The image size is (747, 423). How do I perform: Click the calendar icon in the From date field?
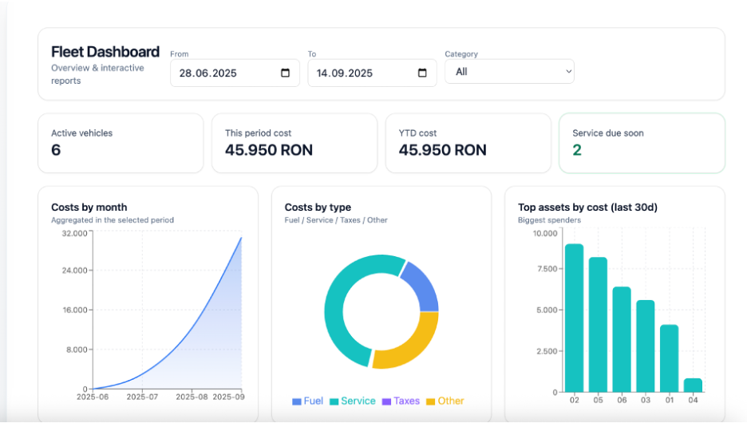286,73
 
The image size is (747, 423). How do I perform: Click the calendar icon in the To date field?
423,73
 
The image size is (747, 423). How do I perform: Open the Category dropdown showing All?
509,72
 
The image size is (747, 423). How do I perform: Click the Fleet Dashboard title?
105,52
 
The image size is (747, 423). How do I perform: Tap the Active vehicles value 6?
56,150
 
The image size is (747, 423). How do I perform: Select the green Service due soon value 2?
577,150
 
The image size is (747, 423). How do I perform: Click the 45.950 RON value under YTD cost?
442,150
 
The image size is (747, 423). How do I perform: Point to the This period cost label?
258,133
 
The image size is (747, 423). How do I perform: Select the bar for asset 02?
574,318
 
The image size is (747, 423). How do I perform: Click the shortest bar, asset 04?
693,385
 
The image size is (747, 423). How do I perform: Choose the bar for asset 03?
645,346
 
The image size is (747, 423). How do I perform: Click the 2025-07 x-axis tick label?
141,397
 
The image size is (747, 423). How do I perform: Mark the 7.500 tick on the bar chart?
545,269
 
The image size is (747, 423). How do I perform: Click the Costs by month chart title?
89,208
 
